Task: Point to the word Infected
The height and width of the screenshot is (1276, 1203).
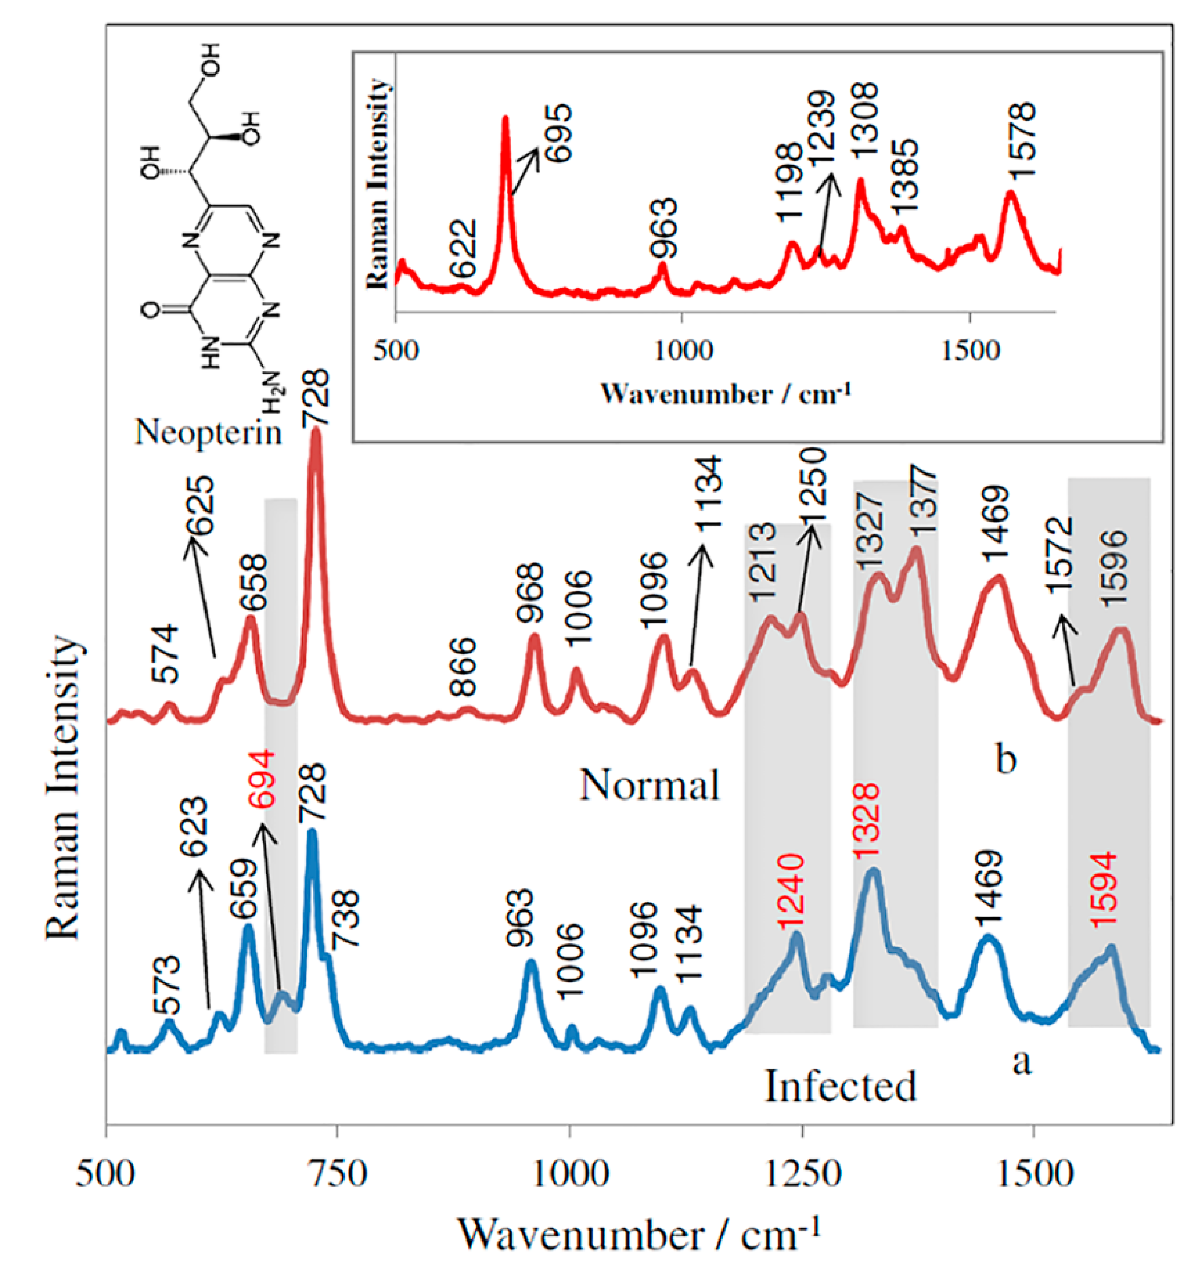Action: coord(840,1087)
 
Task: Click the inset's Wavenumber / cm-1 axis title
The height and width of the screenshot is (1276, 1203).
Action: coord(725,393)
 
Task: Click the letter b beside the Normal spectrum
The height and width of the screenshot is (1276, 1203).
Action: coord(1005,760)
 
